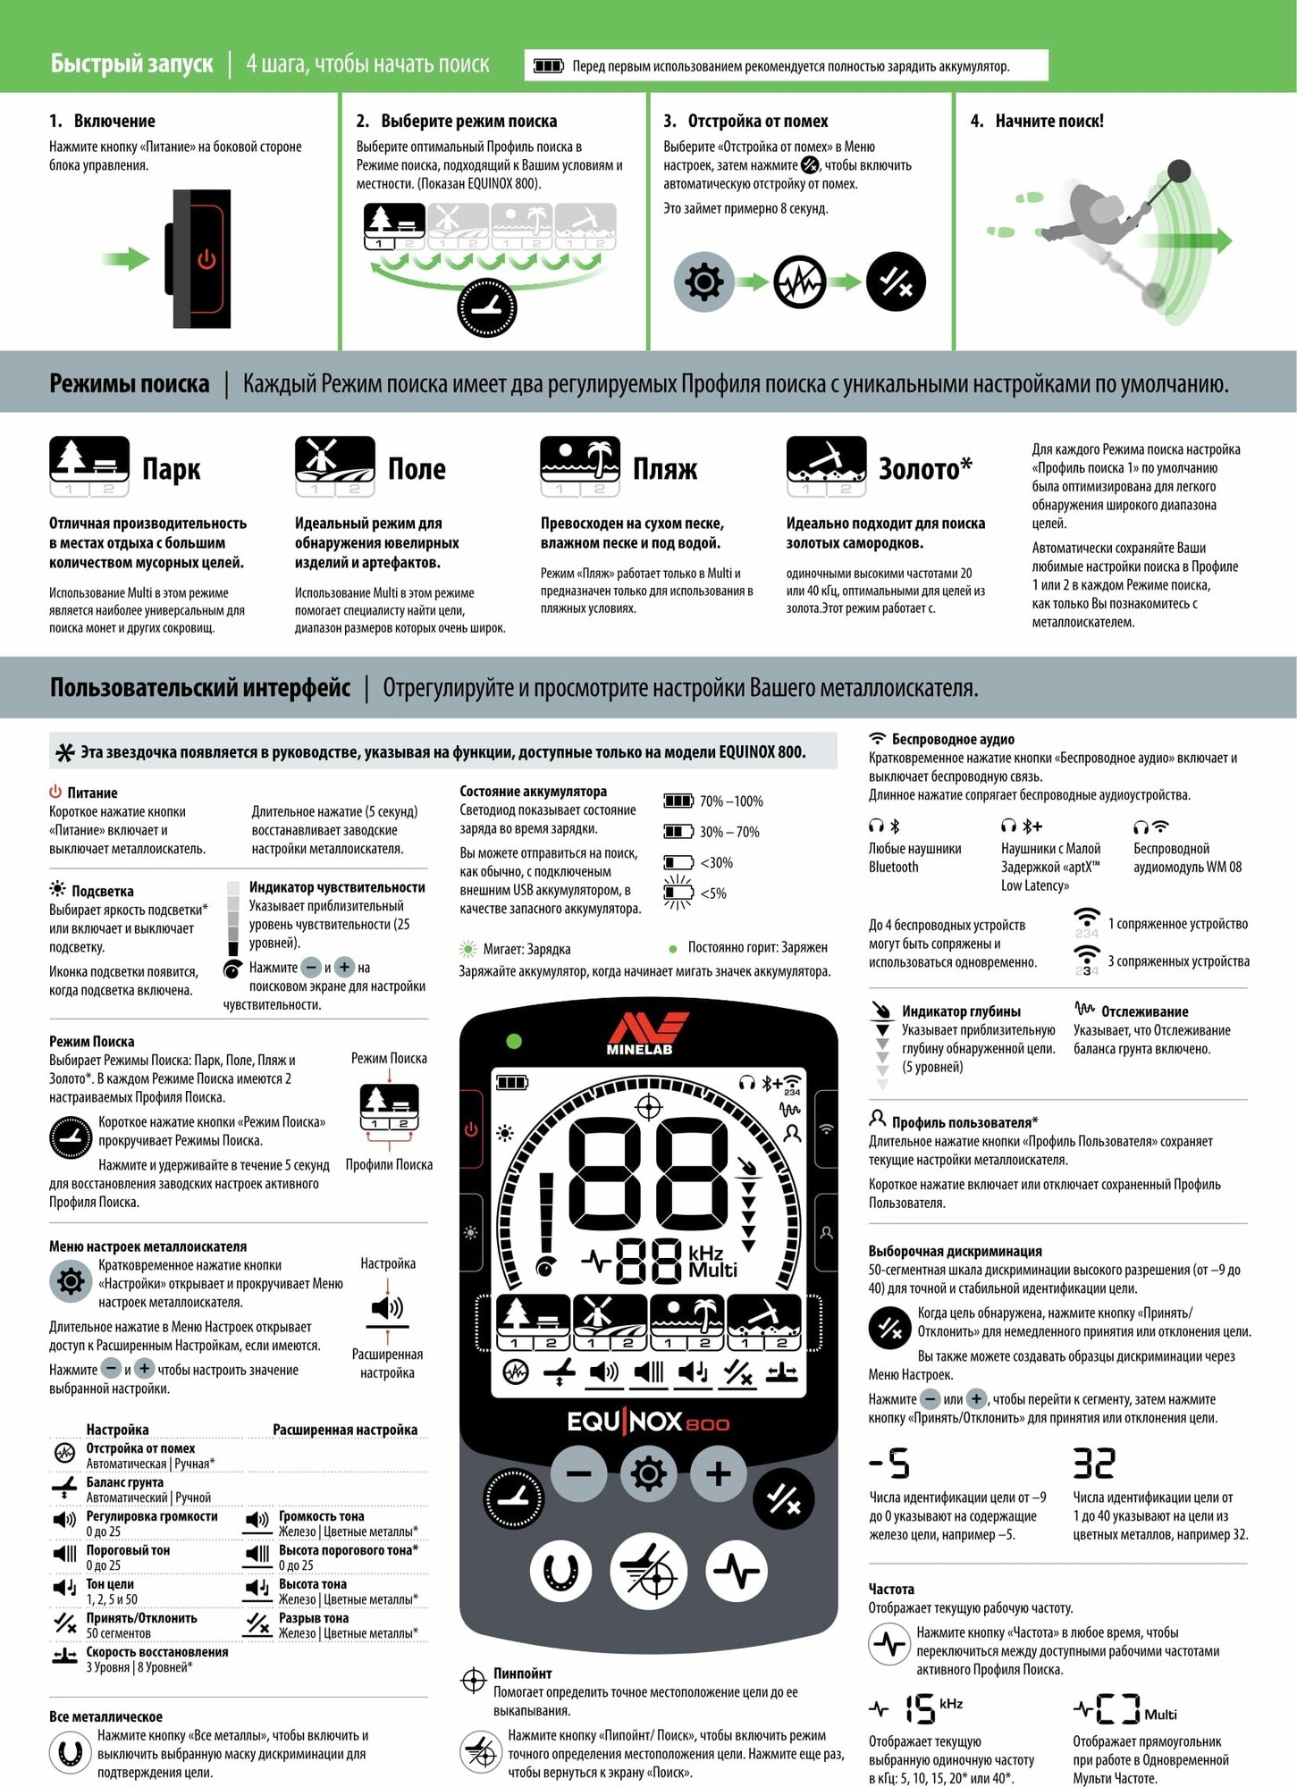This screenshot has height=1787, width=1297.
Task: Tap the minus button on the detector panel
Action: pos(579,1473)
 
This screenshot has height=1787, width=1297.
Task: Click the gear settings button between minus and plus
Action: pos(649,1473)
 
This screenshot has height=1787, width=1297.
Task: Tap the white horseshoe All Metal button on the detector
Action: pos(561,1571)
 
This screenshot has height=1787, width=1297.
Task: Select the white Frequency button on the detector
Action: pos(737,1571)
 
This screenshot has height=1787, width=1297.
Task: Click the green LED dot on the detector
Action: pos(514,1041)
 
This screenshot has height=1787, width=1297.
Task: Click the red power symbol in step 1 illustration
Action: pos(206,259)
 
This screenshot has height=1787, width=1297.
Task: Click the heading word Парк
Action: pos(171,469)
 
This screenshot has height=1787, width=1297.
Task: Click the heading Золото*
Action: pos(925,469)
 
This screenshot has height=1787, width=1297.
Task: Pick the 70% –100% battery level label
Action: pos(730,801)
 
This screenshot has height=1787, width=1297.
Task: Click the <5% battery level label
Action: pos(712,893)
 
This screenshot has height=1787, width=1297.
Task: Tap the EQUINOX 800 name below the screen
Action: pos(648,1422)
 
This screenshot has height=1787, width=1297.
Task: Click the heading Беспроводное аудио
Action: pos(952,740)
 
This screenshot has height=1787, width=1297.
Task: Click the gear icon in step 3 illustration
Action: pos(703,282)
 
